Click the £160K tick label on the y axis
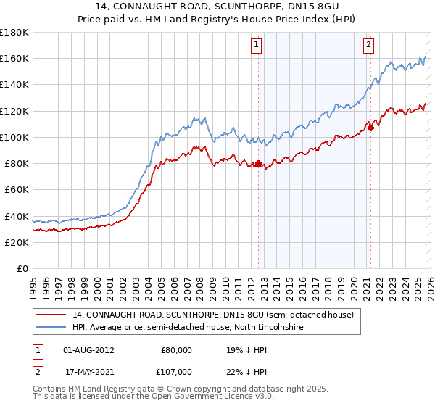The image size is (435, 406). pyautogui.click(x=14, y=58)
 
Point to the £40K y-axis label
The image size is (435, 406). pyautogui.click(x=17, y=216)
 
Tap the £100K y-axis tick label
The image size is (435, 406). pyautogui.click(x=14, y=137)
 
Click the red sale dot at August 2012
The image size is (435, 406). pyautogui.click(x=258, y=163)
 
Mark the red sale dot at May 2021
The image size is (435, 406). pyautogui.click(x=370, y=128)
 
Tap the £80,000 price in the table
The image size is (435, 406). pyautogui.click(x=176, y=349)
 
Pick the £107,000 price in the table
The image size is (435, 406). pyautogui.click(x=176, y=371)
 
